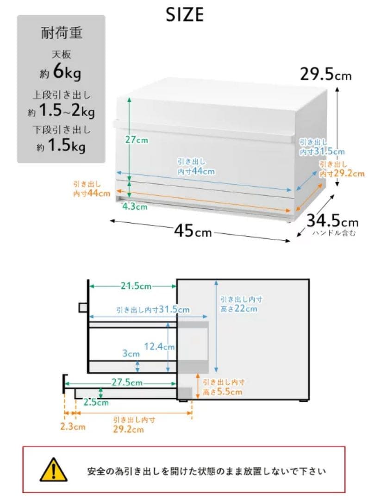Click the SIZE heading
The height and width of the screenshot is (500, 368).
[x=185, y=14]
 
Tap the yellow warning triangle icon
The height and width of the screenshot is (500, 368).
[x=53, y=469]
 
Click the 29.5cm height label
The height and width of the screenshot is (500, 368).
[x=325, y=74]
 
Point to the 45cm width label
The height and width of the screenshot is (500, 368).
[x=193, y=230]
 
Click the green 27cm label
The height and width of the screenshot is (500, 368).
[x=137, y=140]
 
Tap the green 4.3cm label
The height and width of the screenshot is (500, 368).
[x=135, y=206]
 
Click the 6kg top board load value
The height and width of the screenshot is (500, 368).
[x=67, y=71]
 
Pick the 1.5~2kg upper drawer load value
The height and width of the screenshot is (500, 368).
[x=67, y=111]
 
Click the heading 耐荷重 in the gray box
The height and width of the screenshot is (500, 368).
[x=62, y=33]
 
